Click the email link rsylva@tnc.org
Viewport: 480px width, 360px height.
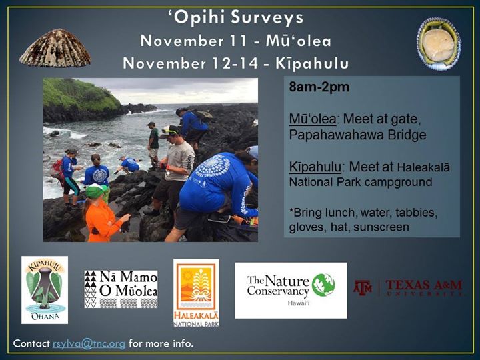click(89, 344)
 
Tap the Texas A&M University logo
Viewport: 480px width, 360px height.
click(409, 288)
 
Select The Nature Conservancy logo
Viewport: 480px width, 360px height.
click(291, 290)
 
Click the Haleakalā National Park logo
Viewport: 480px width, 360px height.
click(196, 293)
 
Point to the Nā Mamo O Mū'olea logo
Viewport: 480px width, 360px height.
click(121, 289)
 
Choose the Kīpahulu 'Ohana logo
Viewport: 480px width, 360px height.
click(45, 290)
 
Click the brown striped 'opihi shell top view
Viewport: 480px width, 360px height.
click(55, 48)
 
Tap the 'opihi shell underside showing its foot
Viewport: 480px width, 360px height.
click(439, 43)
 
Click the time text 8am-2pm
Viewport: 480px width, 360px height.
click(319, 87)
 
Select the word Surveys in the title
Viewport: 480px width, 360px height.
click(267, 18)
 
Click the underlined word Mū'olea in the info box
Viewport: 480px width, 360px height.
click(313, 119)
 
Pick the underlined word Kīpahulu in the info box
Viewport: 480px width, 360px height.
click(315, 167)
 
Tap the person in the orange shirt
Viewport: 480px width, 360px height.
click(103, 213)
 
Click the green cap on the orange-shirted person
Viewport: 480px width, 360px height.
click(96, 191)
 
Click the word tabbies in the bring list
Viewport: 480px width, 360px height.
click(416, 212)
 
